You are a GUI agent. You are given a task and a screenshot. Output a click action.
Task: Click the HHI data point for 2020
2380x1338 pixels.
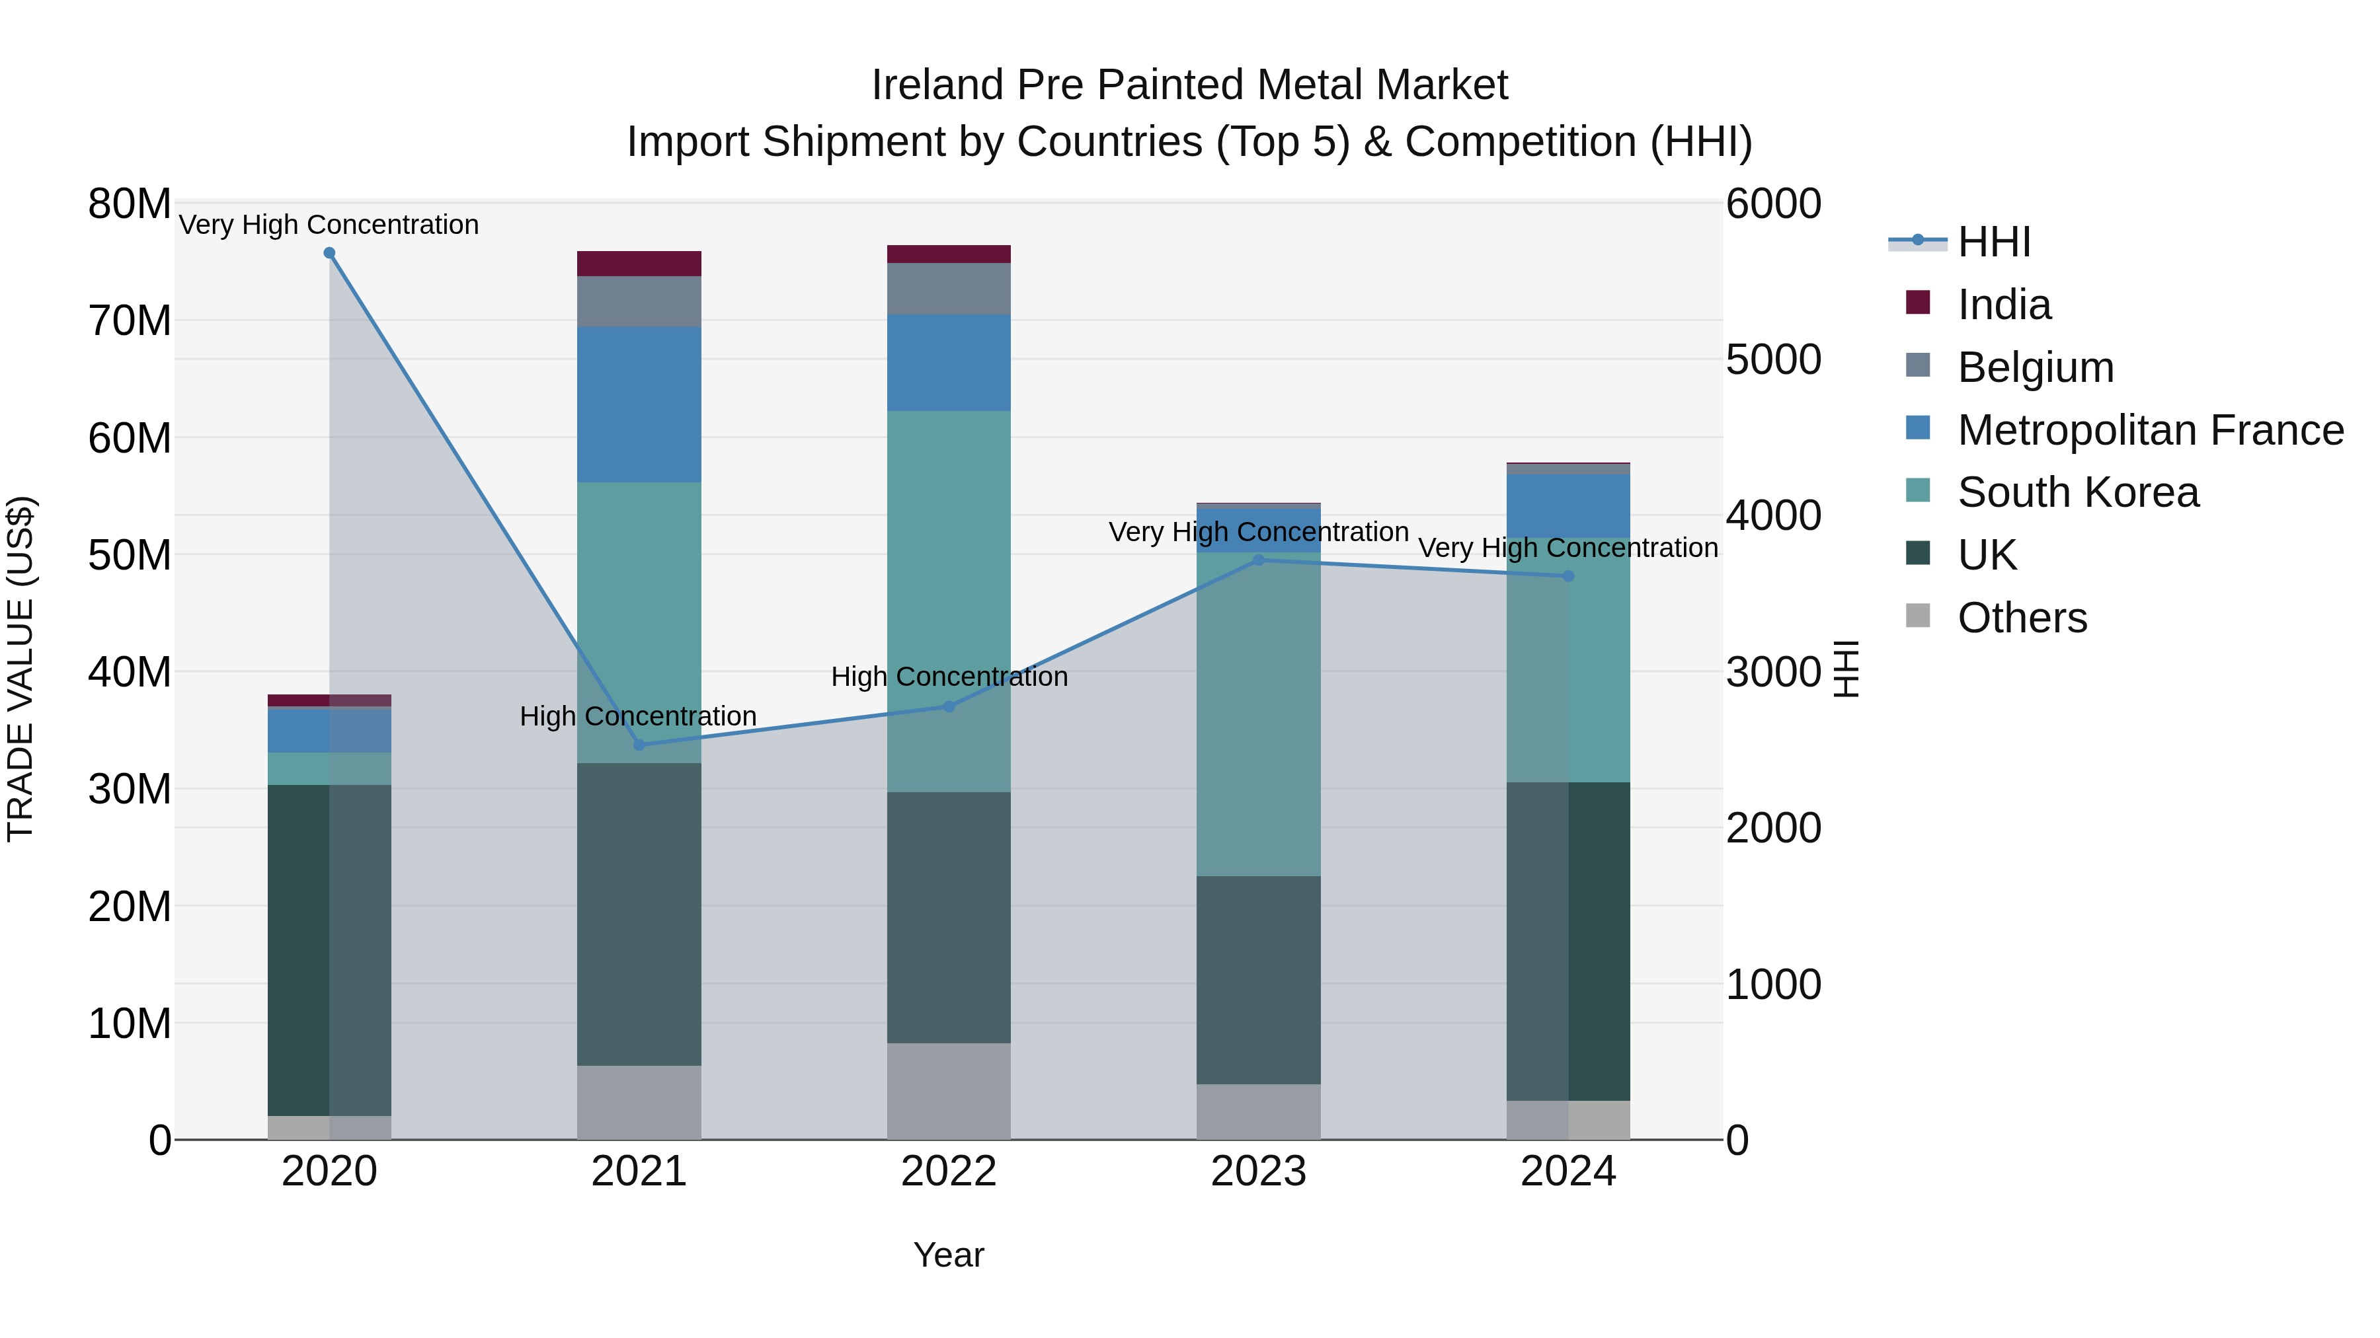(329, 253)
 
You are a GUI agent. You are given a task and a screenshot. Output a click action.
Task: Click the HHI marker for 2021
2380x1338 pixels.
(639, 744)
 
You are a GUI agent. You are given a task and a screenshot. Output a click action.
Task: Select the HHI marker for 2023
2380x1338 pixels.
(1257, 560)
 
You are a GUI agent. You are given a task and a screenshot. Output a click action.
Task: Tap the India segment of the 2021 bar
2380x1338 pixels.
(639, 263)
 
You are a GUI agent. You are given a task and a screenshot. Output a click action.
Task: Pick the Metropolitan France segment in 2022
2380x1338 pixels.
(948, 362)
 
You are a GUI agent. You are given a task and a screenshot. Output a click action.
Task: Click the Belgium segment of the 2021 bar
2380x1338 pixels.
(639, 301)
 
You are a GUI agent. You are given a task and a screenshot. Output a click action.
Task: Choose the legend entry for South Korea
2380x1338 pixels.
(2077, 492)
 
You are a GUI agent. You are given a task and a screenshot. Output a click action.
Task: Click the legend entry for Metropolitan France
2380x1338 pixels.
(2149, 430)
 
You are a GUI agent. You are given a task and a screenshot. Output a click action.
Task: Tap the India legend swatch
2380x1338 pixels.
(1917, 303)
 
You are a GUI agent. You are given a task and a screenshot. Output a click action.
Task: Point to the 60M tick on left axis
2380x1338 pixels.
(130, 437)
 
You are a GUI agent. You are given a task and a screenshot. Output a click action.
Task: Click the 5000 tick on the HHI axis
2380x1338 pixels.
(1773, 359)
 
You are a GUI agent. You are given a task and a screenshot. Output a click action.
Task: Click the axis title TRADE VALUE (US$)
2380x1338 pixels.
(20, 669)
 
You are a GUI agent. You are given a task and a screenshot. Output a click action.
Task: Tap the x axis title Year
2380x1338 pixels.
(948, 1255)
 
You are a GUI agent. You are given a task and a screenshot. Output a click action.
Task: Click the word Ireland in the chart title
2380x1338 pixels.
(937, 85)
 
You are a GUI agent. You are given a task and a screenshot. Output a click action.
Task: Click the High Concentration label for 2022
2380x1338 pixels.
(948, 677)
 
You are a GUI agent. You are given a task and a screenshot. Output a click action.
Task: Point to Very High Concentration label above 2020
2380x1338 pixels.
(329, 225)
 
